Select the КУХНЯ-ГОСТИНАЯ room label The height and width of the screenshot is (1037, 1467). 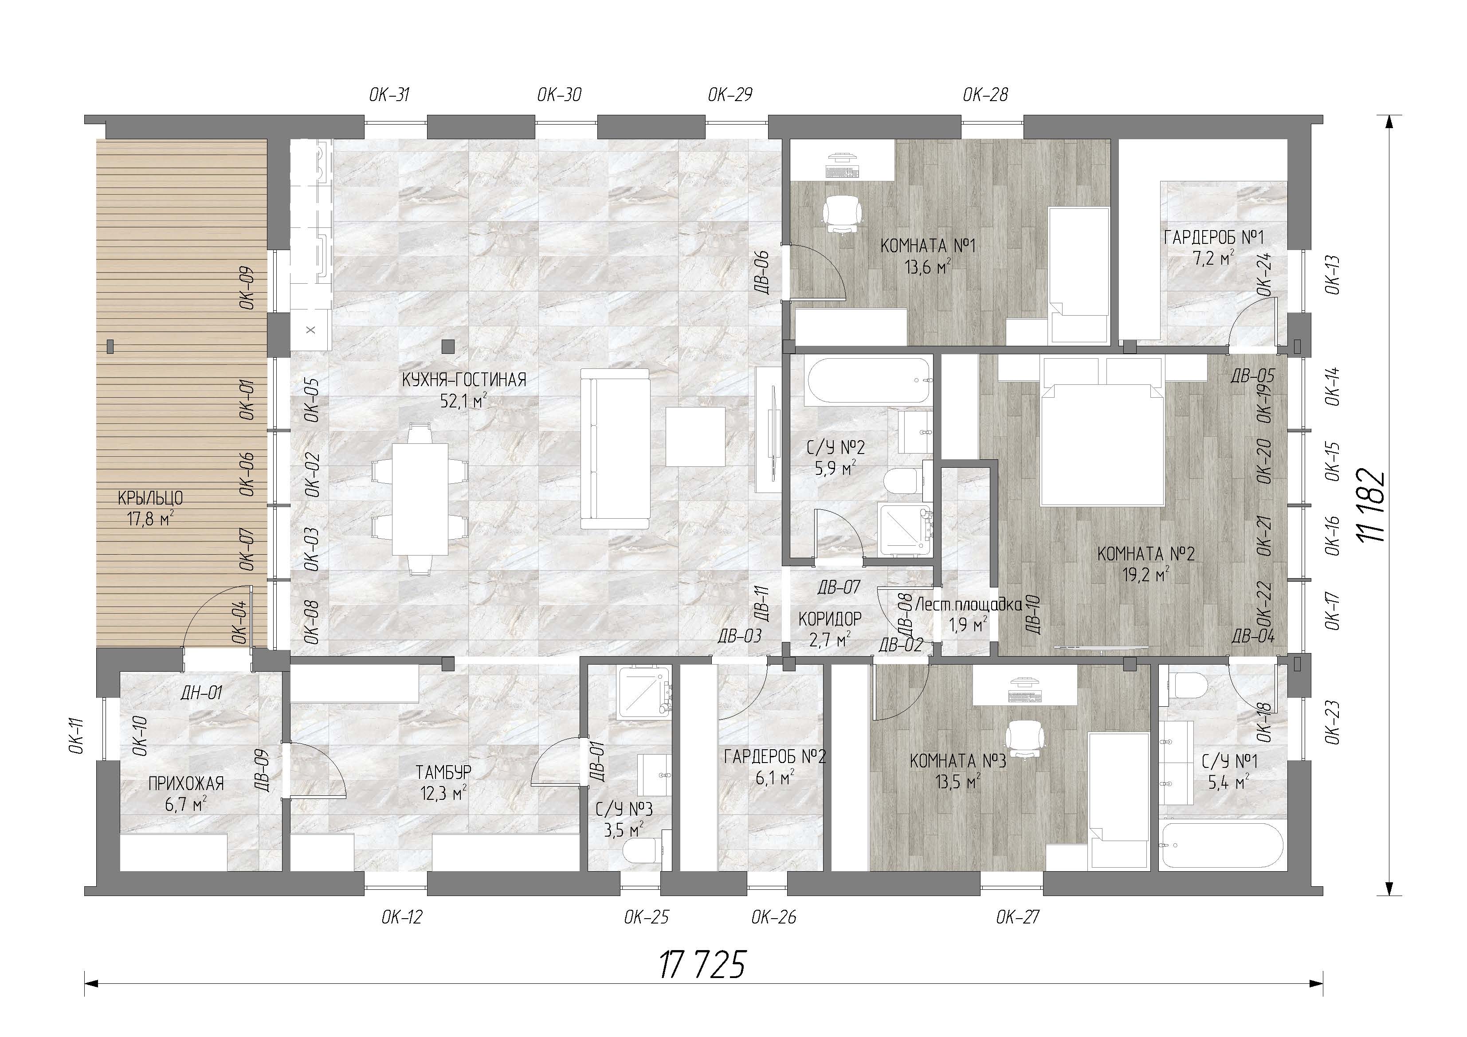pos(464,380)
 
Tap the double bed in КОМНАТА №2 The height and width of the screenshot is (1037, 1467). pos(1102,432)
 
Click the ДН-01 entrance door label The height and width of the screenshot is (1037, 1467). pos(200,693)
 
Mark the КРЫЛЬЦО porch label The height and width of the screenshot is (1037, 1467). pos(151,498)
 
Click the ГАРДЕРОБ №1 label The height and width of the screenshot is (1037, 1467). pos(1214,238)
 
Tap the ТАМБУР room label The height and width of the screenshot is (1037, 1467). pos(444,772)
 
